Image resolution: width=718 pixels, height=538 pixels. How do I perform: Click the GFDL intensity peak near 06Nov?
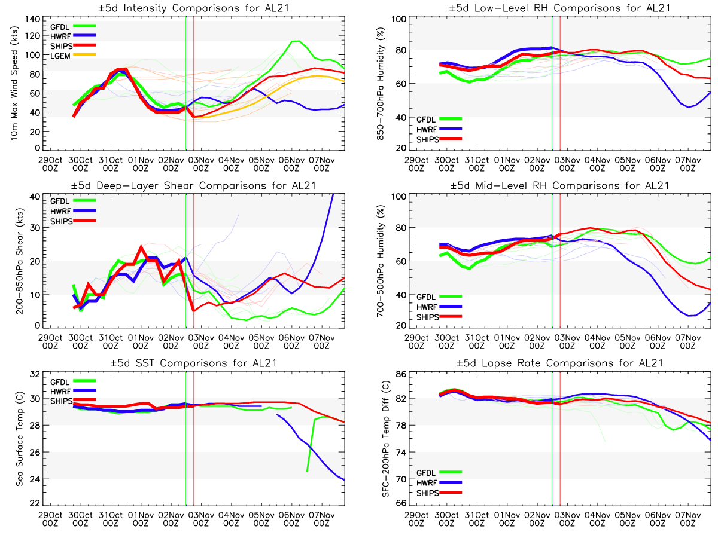point(295,41)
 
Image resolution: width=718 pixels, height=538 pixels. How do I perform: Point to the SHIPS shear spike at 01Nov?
point(141,246)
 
